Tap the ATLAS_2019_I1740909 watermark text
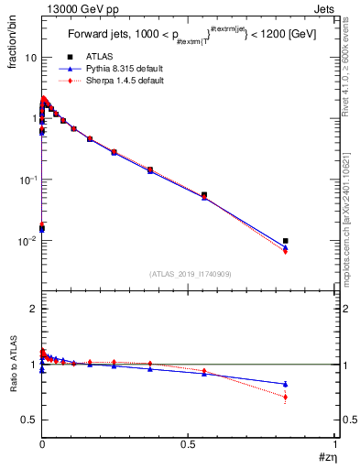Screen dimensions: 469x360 (190, 274)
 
